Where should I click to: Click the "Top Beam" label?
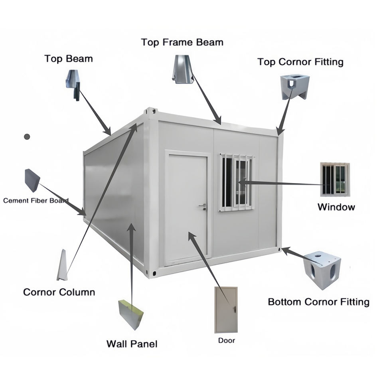[68, 59]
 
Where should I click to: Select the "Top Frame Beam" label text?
[182, 42]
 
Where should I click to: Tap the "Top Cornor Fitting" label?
[300, 62]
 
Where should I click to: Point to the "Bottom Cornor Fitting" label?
[318, 302]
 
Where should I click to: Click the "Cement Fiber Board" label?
[36, 200]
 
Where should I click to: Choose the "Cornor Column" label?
[59, 292]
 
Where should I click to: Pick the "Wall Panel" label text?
[132, 344]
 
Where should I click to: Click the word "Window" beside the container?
[336, 207]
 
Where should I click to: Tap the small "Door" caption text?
[226, 341]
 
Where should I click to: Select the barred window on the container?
[236, 182]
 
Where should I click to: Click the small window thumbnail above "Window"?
[335, 179]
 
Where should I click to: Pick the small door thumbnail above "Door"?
[226, 310]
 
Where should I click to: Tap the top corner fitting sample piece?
[294, 85]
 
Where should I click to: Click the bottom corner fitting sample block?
[322, 269]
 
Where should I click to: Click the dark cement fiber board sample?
[32, 180]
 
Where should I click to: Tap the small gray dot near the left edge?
[27, 136]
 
